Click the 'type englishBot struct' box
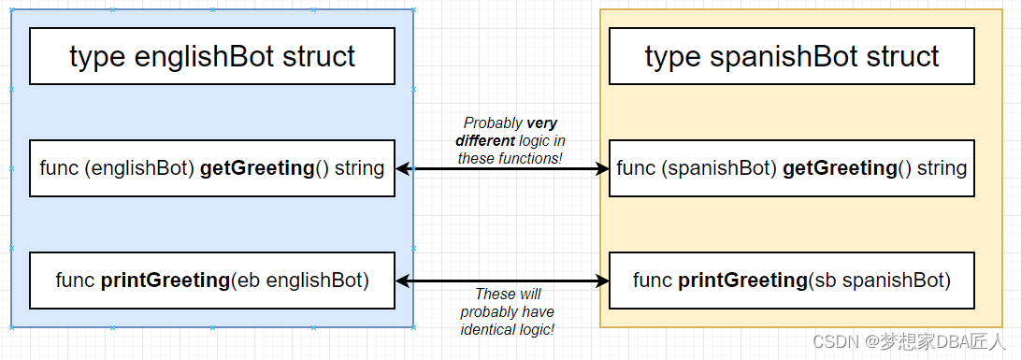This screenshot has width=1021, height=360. coord(212,56)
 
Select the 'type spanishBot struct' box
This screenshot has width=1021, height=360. coord(792,56)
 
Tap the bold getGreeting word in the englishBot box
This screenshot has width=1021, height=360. coord(256,168)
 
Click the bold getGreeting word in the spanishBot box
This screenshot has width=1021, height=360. coord(838,168)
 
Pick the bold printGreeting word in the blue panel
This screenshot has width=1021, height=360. coord(152,280)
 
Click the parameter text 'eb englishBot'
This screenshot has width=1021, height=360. coord(305,280)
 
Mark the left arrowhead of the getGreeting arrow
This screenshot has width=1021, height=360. coord(403,169)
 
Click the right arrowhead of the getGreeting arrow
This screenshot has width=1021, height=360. coord(602,169)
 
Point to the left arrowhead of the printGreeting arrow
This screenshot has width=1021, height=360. coord(403,281)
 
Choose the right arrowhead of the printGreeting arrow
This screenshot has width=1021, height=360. coord(602,281)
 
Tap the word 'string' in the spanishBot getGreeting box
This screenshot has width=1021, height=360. coord(941,168)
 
